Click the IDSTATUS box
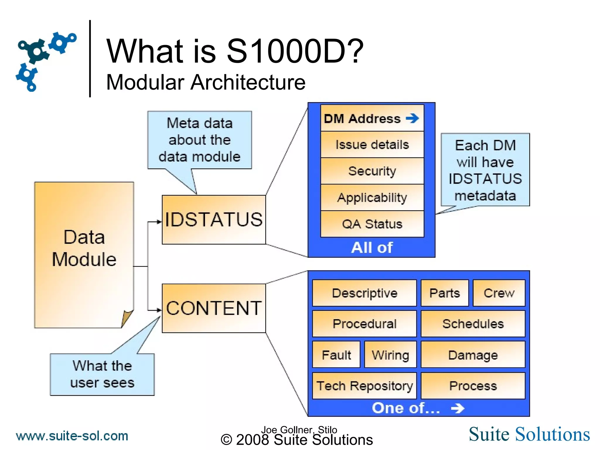(x=214, y=219)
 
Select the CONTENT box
(x=214, y=308)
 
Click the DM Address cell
(x=362, y=119)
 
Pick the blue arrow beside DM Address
(x=412, y=118)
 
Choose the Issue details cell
(x=372, y=145)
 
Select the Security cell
(x=372, y=171)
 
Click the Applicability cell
(x=372, y=197)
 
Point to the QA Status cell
(x=372, y=224)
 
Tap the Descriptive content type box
(x=364, y=293)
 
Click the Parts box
(x=444, y=293)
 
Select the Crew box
(x=499, y=293)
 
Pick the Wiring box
(x=390, y=355)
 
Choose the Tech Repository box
(x=364, y=386)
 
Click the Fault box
(x=336, y=355)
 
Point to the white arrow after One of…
(x=458, y=408)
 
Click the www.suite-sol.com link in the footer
(x=72, y=436)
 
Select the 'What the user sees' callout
(x=102, y=374)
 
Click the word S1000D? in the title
(x=295, y=51)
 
